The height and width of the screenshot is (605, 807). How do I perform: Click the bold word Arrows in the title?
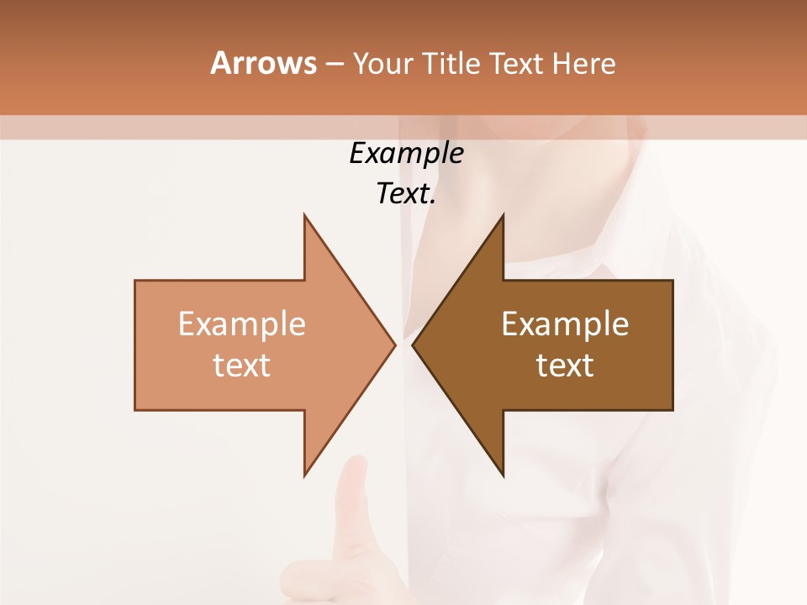pos(263,63)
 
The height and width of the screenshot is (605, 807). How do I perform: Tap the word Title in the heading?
pos(451,63)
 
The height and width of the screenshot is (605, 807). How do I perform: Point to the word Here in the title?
pos(584,63)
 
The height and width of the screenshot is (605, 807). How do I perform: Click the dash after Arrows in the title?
pos(334,64)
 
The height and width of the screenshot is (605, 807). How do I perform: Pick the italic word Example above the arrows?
pos(406,153)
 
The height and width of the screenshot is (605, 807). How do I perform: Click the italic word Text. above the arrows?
pos(406,194)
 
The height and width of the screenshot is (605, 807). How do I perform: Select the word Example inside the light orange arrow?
pos(242,324)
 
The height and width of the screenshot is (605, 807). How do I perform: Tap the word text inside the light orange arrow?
pos(242,366)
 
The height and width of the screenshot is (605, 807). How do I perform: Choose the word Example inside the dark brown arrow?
pos(565,324)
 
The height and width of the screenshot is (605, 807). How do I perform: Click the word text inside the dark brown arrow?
pos(565,366)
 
